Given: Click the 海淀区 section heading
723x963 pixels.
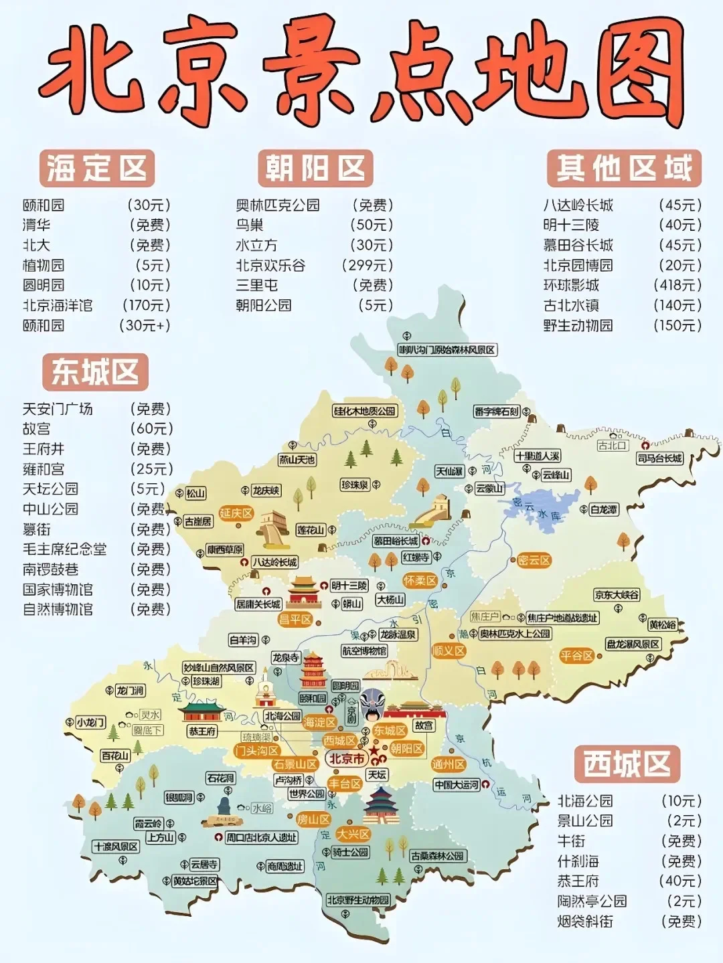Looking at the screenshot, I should click(x=96, y=168).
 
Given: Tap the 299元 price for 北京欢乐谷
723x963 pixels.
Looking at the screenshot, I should click(x=368, y=266).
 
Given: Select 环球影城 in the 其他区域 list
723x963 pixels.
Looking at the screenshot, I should click(x=571, y=286).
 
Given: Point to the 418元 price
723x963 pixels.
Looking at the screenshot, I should click(x=677, y=286).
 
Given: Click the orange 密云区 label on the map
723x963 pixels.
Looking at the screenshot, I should click(x=534, y=561).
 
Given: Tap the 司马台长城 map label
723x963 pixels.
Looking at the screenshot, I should click(x=659, y=458).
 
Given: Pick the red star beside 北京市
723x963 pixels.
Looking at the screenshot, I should click(x=374, y=752).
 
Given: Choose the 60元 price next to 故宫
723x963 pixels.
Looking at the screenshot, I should click(x=152, y=429).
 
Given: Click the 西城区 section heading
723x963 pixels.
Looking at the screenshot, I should click(x=627, y=764).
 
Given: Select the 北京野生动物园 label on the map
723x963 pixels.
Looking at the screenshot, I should click(x=357, y=900).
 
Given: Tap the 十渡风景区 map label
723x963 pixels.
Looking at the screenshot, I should click(x=116, y=847).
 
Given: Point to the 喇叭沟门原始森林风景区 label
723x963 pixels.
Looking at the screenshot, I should click(x=447, y=350).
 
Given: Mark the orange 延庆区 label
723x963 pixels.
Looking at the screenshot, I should click(x=236, y=513).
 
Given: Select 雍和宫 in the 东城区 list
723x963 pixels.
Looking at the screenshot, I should click(x=44, y=469).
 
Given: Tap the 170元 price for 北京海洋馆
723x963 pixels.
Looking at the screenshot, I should click(x=147, y=306).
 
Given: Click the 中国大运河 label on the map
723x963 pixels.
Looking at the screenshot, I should click(x=457, y=784).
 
